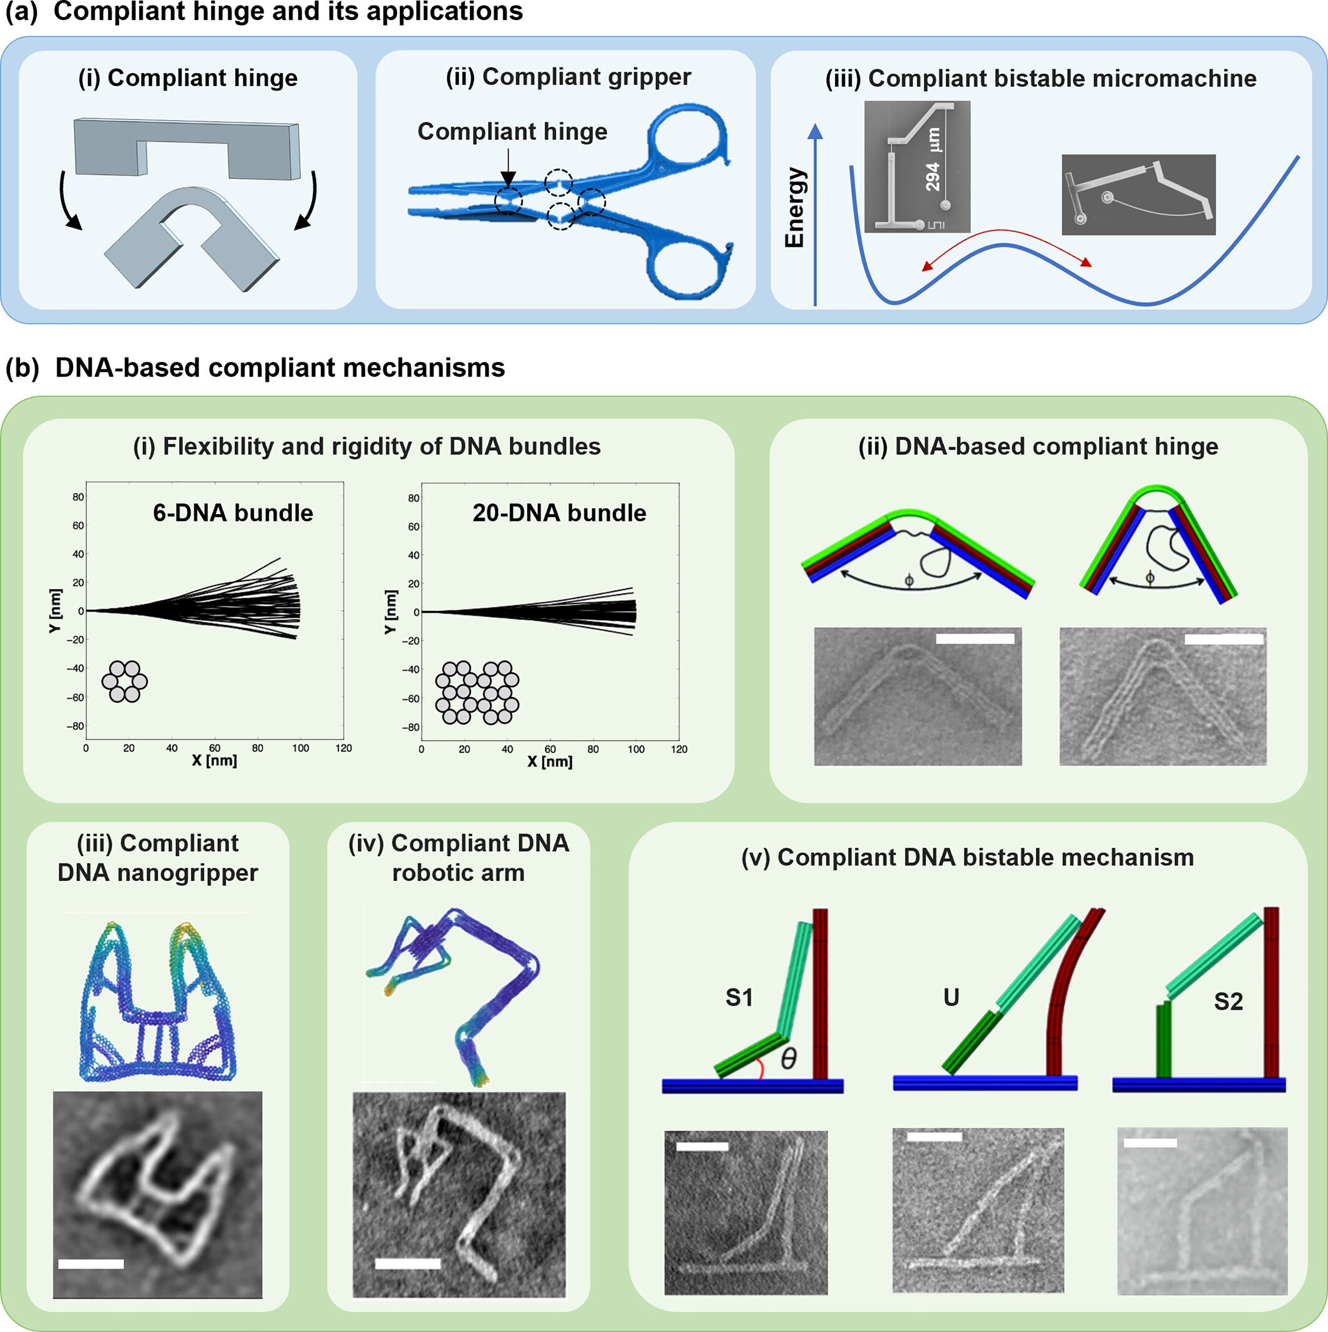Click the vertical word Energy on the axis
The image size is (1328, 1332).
[796, 207]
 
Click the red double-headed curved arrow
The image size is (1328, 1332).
[1007, 248]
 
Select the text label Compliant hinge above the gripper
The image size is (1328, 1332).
[512, 131]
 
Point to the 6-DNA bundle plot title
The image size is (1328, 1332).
[232, 513]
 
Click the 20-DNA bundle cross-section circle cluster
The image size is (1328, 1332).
[477, 692]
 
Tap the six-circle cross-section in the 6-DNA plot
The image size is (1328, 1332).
[125, 682]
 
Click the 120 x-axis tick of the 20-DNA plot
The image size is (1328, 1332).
[678, 749]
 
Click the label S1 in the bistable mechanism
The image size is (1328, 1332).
[738, 998]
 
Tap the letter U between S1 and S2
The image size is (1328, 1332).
[951, 998]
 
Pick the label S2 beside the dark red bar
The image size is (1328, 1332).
[1228, 1001]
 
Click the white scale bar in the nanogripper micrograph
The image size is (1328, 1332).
[91, 1264]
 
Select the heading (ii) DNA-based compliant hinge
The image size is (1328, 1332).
[1038, 447]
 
